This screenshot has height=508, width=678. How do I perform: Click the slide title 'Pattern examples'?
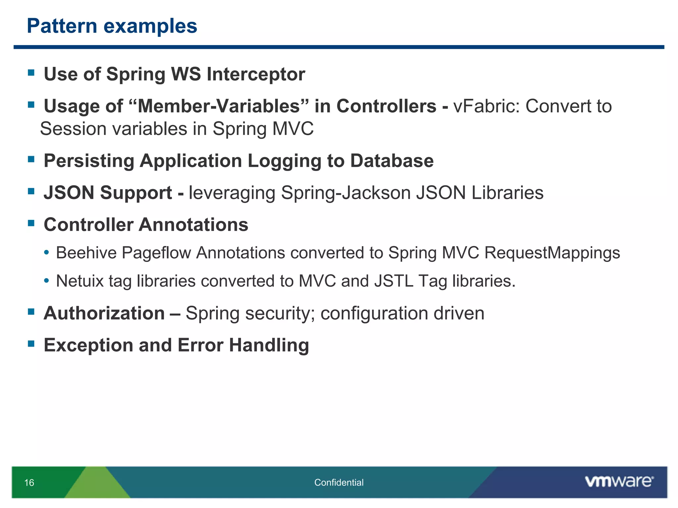click(x=112, y=26)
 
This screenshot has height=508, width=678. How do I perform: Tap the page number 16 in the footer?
click(x=29, y=483)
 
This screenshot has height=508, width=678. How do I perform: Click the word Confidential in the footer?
click(x=339, y=483)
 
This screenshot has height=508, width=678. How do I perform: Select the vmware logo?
click(x=619, y=482)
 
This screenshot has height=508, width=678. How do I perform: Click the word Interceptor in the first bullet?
click(x=256, y=74)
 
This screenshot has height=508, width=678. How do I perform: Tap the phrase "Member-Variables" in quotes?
click(x=218, y=106)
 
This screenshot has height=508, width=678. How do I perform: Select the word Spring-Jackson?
click(x=346, y=193)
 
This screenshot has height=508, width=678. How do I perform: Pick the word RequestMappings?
click(x=552, y=253)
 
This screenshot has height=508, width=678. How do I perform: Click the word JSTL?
click(x=394, y=281)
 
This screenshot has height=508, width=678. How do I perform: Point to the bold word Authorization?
click(x=104, y=313)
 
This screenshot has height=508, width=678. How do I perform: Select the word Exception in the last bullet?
click(x=88, y=345)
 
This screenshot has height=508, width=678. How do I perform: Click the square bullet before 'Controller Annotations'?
click(x=31, y=223)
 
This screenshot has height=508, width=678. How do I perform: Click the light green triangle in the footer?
click(x=97, y=485)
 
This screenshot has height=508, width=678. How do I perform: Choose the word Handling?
click(x=269, y=345)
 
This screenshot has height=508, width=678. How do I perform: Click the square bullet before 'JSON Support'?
click(x=31, y=191)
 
